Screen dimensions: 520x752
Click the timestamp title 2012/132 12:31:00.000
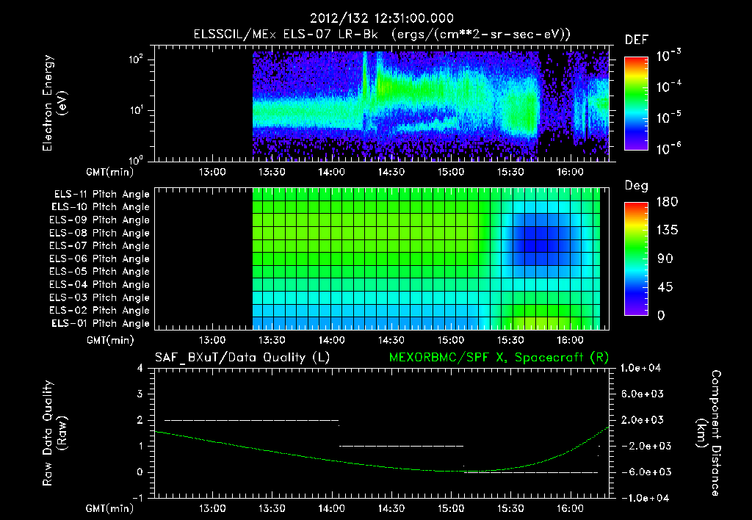(381, 18)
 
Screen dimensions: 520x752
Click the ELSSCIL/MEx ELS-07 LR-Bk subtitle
(381, 34)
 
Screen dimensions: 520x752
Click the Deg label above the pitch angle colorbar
(635, 186)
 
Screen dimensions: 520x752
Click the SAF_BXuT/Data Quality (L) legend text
(242, 357)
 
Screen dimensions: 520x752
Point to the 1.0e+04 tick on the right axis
(643, 368)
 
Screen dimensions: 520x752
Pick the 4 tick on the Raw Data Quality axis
(141, 369)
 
